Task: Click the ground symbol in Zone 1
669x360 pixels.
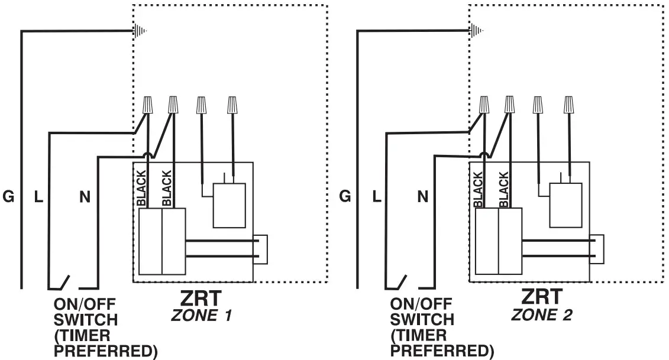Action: [x=140, y=30]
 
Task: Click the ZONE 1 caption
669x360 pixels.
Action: [x=201, y=316]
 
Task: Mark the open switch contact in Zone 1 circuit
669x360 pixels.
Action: [x=64, y=283]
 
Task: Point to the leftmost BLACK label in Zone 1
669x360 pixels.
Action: [x=141, y=188]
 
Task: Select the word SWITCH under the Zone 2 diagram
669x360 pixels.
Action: [x=422, y=320]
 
